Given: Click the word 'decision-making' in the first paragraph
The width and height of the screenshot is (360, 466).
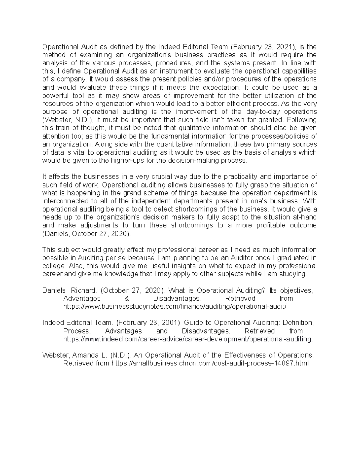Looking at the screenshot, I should pyautogui.click(x=194, y=161).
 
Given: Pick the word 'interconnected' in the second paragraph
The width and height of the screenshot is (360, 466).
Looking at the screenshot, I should pyautogui.click(x=61, y=201).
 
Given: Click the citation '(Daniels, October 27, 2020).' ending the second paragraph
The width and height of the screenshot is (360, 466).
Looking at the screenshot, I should pyautogui.click(x=87, y=233).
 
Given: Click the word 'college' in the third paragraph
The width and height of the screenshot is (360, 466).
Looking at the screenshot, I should pyautogui.click(x=53, y=266).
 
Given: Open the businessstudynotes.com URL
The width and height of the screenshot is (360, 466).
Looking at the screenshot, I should pyautogui.click(x=175, y=306).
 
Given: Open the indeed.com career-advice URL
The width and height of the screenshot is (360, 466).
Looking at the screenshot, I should pyautogui.click(x=188, y=339).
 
